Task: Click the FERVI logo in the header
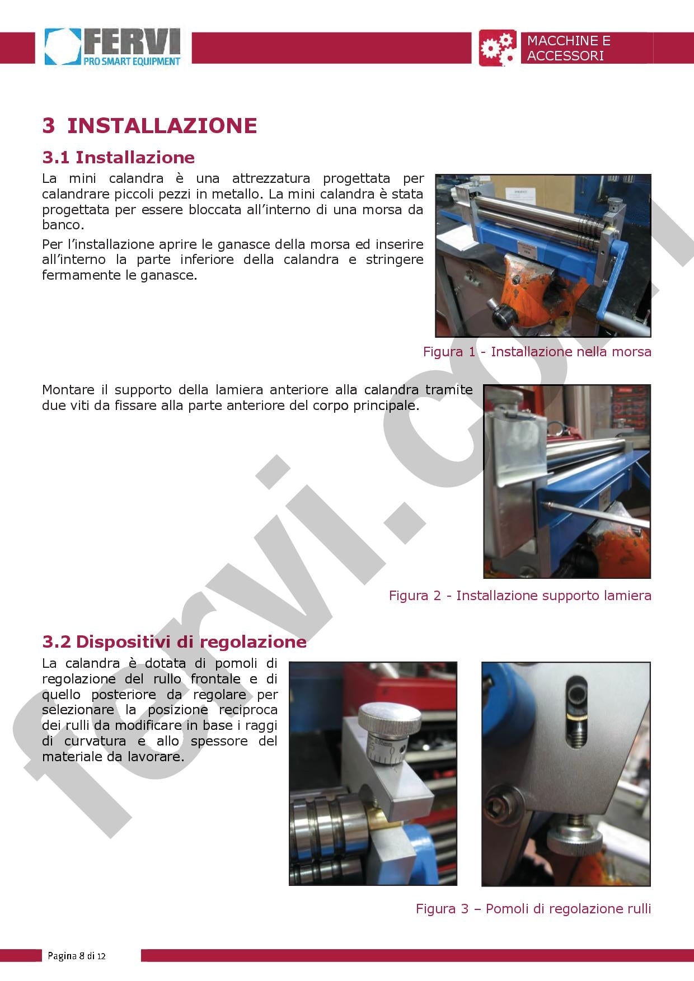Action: tap(114, 48)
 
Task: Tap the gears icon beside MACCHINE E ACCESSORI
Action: tap(498, 48)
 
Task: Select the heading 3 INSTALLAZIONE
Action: tap(149, 125)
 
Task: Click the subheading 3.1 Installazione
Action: tap(118, 157)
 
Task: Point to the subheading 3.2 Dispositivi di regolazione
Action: tap(174, 642)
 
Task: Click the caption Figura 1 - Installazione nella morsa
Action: tap(537, 352)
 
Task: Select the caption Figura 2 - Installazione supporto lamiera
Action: tap(520, 595)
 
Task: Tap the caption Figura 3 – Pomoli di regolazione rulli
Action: tap(533, 908)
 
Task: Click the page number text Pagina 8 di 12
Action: tap(77, 956)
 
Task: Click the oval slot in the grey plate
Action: tap(576, 713)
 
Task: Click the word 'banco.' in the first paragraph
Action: tap(63, 225)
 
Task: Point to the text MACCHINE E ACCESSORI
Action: tap(568, 48)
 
